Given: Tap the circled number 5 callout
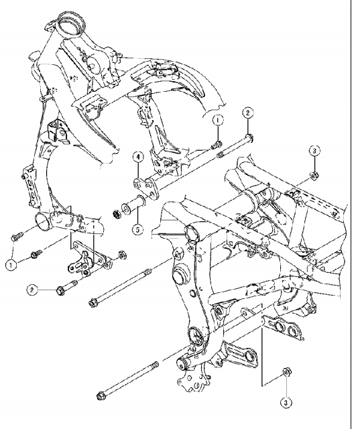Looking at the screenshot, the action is tap(137, 229).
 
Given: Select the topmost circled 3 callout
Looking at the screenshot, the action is tap(314, 150).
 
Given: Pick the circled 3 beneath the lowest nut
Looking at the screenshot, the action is tap(286, 402).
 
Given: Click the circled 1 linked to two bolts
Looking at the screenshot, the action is tap(11, 265).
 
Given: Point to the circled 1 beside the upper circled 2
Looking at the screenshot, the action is tap(218, 120).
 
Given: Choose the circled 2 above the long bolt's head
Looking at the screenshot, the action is tap(247, 113).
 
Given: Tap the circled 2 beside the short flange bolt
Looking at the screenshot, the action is tap(32, 290).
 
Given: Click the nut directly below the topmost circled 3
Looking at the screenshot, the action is tap(314, 174).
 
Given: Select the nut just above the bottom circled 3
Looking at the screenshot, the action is tap(286, 373).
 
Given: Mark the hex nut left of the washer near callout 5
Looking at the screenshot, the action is tap(117, 214).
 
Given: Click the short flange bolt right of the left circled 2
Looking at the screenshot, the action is tap(66, 287).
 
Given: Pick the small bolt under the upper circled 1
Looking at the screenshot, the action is tap(217, 145).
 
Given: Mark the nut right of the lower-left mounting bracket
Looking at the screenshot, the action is tap(122, 255).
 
